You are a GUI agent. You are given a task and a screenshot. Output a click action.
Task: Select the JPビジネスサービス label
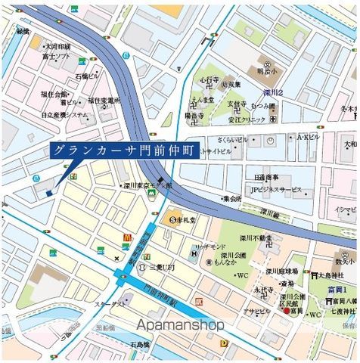coord(277,190)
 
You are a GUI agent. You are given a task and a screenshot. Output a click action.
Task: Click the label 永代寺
coord(263,289)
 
